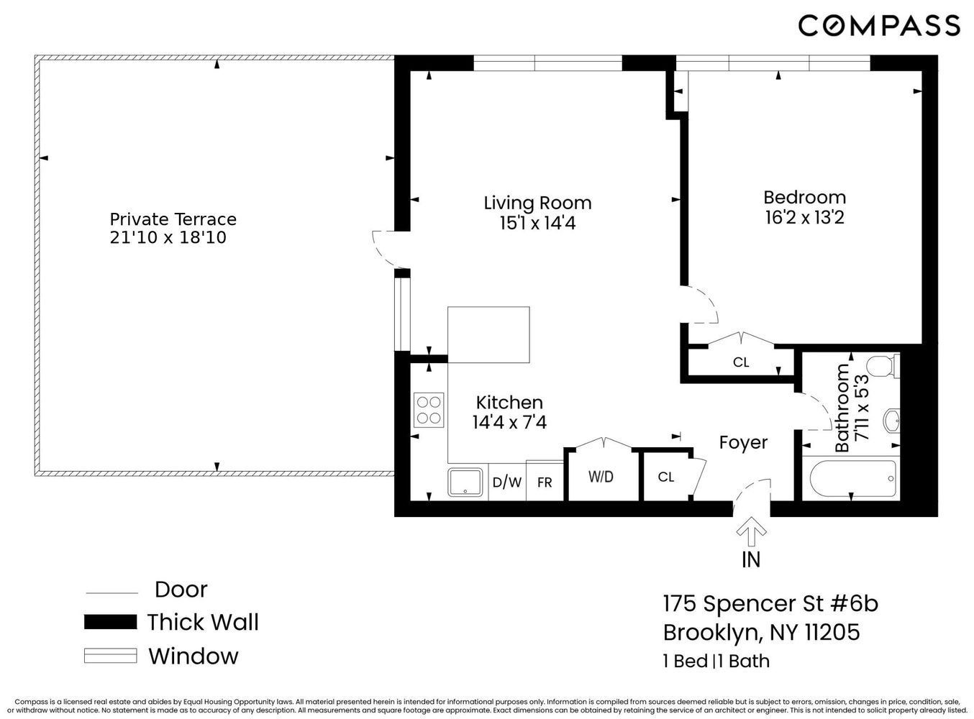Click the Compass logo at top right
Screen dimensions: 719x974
[878, 26]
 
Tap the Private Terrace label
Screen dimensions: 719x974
[173, 219]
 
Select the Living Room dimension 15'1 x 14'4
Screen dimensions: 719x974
[537, 224]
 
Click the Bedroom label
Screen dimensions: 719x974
[804, 197]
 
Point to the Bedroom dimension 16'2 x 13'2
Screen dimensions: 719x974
[804, 217]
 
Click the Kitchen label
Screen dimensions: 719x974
[509, 403]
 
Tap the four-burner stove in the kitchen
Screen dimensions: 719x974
[429, 411]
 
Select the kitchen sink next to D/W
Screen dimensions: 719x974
[466, 482]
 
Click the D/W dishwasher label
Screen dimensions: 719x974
[507, 482]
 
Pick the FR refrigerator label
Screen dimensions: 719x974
[545, 482]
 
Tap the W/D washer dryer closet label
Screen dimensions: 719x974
[601, 477]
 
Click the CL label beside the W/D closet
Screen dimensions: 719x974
[666, 477]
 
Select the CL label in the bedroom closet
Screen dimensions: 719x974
[741, 362]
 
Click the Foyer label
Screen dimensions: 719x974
[743, 443]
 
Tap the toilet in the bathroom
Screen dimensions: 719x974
[883, 366]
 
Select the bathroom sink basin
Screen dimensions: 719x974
[891, 421]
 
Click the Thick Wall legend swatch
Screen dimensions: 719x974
[110, 623]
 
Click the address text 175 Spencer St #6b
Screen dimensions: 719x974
[770, 603]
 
